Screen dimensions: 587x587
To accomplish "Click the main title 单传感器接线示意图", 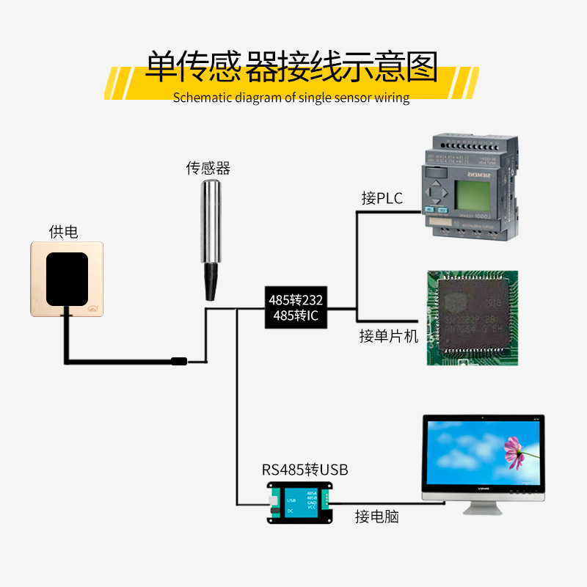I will pyautogui.click(x=291, y=68).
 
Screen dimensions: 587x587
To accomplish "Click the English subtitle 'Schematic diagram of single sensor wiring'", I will pyautogui.click(x=291, y=98).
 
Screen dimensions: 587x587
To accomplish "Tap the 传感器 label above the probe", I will pyautogui.click(x=208, y=168).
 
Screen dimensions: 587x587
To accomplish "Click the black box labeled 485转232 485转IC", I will pyautogui.click(x=296, y=308).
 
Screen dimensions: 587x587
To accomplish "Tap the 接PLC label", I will pyautogui.click(x=382, y=198).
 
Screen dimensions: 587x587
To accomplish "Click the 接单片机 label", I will pyautogui.click(x=388, y=336).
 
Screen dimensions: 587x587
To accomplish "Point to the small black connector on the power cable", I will pyautogui.click(x=179, y=361).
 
